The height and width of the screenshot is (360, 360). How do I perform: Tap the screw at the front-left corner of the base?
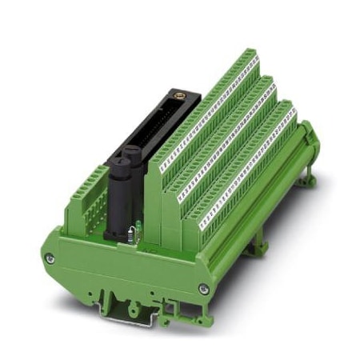tap(50, 258)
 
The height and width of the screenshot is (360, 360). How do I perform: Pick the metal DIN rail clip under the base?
tap(120, 308)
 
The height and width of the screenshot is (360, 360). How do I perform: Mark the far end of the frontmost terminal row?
tap(290, 106)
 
